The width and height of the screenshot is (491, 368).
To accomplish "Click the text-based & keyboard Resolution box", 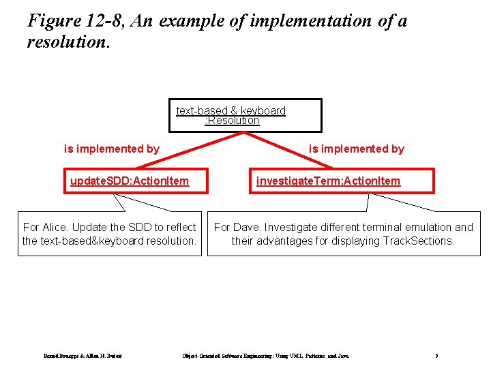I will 245,115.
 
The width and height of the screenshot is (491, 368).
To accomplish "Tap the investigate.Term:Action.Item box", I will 341,181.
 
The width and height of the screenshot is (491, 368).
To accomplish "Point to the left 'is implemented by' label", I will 111,149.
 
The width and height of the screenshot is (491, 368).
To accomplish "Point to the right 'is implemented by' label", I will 356,149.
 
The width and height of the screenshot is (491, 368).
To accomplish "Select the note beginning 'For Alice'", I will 109,234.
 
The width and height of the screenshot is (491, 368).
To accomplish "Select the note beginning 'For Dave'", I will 343,234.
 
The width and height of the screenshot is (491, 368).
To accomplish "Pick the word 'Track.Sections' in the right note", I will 419,241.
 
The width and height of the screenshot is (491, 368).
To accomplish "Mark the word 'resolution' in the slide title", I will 65,42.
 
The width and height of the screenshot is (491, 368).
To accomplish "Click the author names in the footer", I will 82,356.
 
